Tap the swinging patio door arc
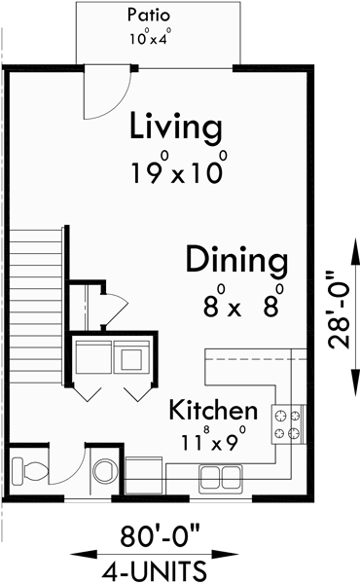click(x=101, y=91)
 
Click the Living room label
click(x=176, y=128)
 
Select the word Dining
click(x=236, y=261)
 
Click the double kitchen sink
click(x=220, y=476)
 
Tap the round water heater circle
click(x=102, y=473)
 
